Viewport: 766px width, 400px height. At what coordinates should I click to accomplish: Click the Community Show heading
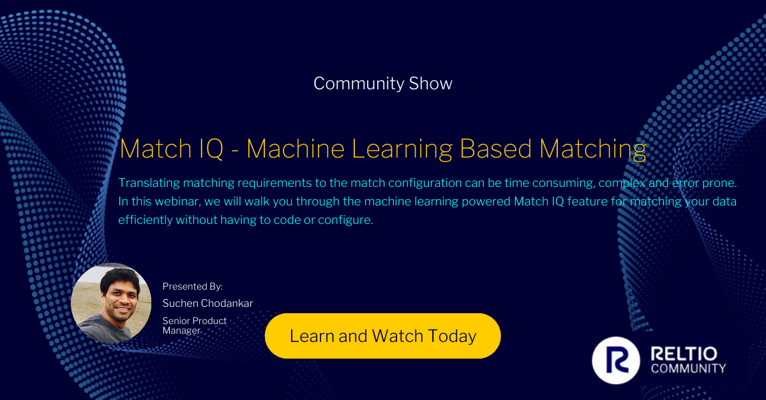point(383,84)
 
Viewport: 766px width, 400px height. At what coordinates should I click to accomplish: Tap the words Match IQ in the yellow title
point(172,149)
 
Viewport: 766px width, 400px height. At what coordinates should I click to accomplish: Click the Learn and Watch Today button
point(383,336)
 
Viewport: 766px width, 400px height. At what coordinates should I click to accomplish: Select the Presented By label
point(193,286)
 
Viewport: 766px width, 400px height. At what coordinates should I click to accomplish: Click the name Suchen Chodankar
point(208,303)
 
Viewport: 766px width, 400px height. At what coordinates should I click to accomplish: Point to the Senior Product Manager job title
point(195,325)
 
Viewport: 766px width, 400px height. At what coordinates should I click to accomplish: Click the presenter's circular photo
point(111,303)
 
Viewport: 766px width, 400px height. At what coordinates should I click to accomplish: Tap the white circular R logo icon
point(616,361)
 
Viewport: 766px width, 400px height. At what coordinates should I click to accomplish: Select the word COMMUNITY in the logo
point(687,368)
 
